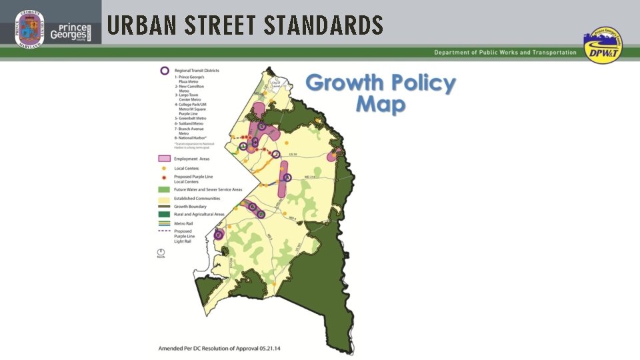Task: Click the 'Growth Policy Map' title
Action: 381,93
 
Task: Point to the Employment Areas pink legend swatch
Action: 163,159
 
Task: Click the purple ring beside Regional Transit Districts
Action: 164,71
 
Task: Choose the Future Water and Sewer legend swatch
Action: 163,190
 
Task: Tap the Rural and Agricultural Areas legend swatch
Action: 163,214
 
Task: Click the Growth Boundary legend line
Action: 163,206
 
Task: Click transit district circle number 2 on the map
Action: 276,154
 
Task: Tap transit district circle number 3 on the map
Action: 287,177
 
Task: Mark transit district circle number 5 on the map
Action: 262,127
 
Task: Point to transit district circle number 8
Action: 218,235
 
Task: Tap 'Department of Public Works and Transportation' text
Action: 505,53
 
